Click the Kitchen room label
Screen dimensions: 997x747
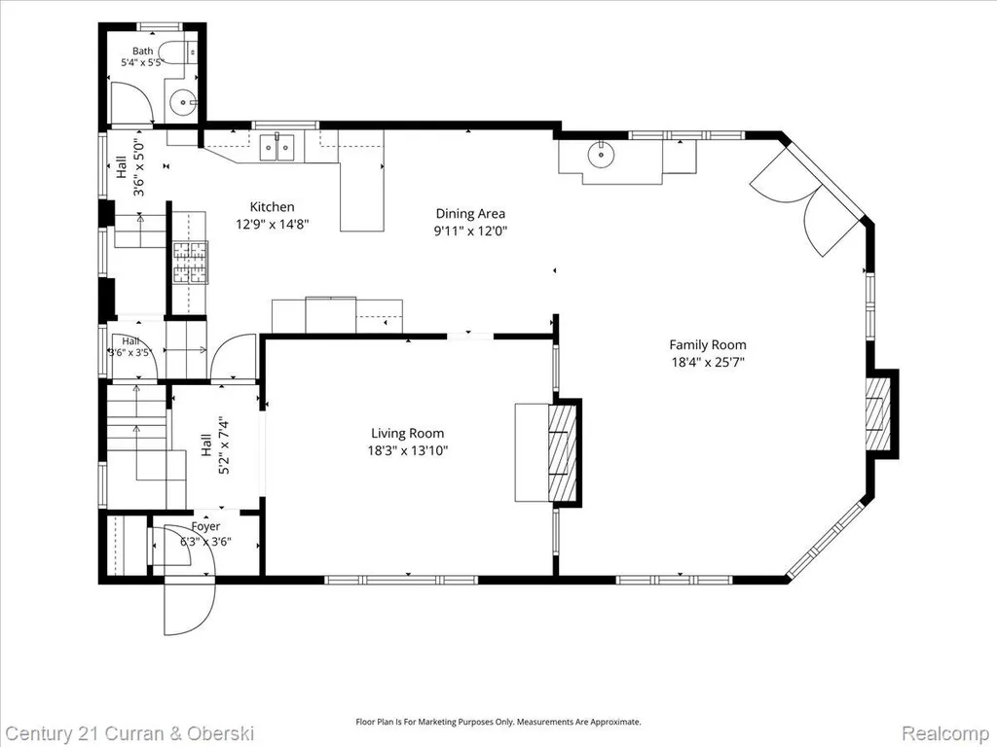[x=273, y=206]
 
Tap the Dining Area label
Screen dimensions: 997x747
[x=470, y=213]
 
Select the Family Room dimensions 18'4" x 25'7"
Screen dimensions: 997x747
[x=708, y=363]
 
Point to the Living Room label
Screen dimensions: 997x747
[x=408, y=433]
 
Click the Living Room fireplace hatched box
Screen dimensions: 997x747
[x=562, y=452]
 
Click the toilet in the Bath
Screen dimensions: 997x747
[x=177, y=52]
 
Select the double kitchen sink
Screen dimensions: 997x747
[x=278, y=148]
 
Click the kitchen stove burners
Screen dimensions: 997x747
[x=190, y=262]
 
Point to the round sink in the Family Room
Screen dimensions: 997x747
[x=600, y=153]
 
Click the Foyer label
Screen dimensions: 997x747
[x=205, y=526]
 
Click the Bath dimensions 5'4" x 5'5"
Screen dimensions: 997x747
[x=143, y=63]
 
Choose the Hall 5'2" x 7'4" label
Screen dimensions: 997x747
[x=213, y=445]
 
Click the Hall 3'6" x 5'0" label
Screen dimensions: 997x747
[x=129, y=167]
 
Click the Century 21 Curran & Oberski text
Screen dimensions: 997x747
[x=130, y=733]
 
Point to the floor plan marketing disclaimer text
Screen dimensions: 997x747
[x=498, y=722]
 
